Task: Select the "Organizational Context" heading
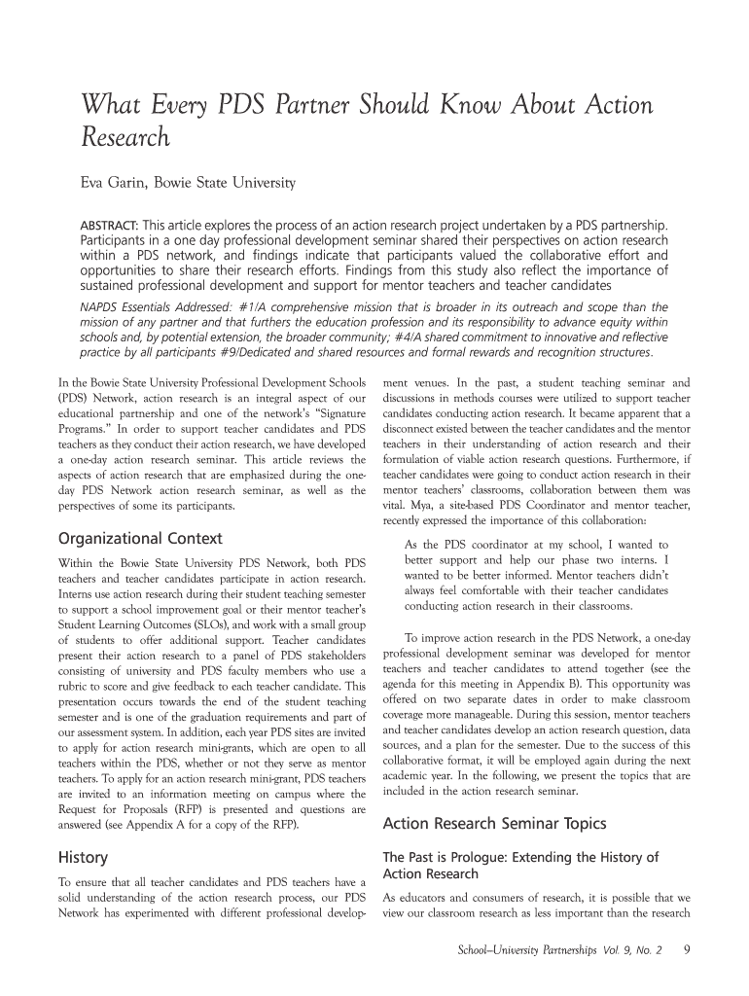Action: [141, 538]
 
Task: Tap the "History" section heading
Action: [84, 857]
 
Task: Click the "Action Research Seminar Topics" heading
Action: [495, 824]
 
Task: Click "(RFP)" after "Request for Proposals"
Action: [194, 809]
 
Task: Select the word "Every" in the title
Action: [170, 105]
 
